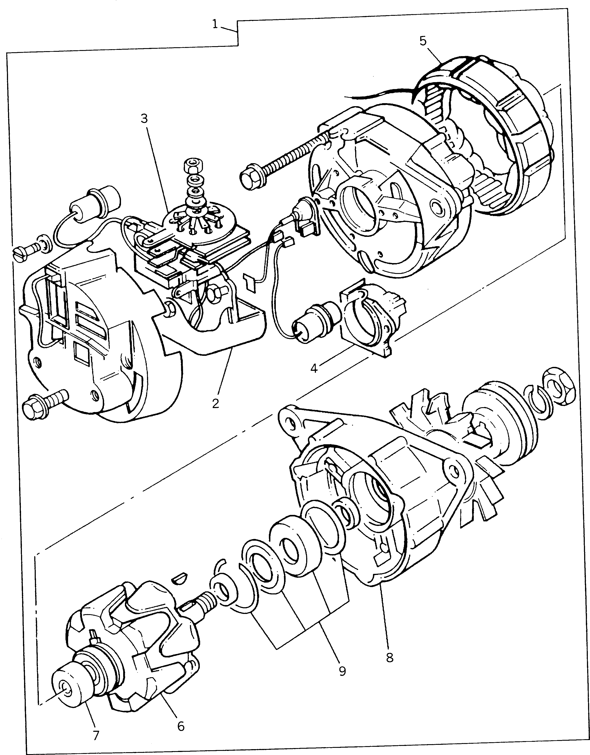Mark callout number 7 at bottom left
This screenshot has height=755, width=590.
point(96,735)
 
